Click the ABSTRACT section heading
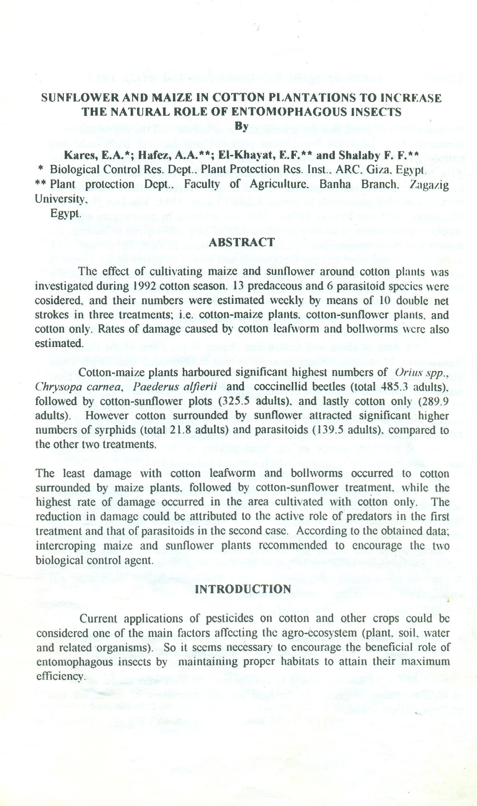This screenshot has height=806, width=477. pyautogui.click(x=242, y=242)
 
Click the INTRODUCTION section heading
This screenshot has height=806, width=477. pyautogui.click(x=243, y=589)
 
